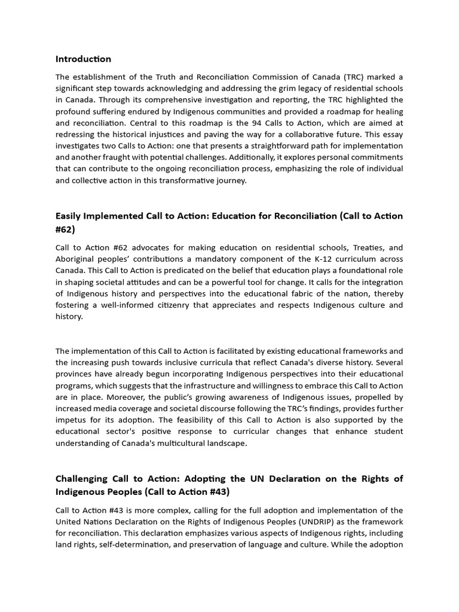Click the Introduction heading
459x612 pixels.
pyautogui.click(x=83, y=59)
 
